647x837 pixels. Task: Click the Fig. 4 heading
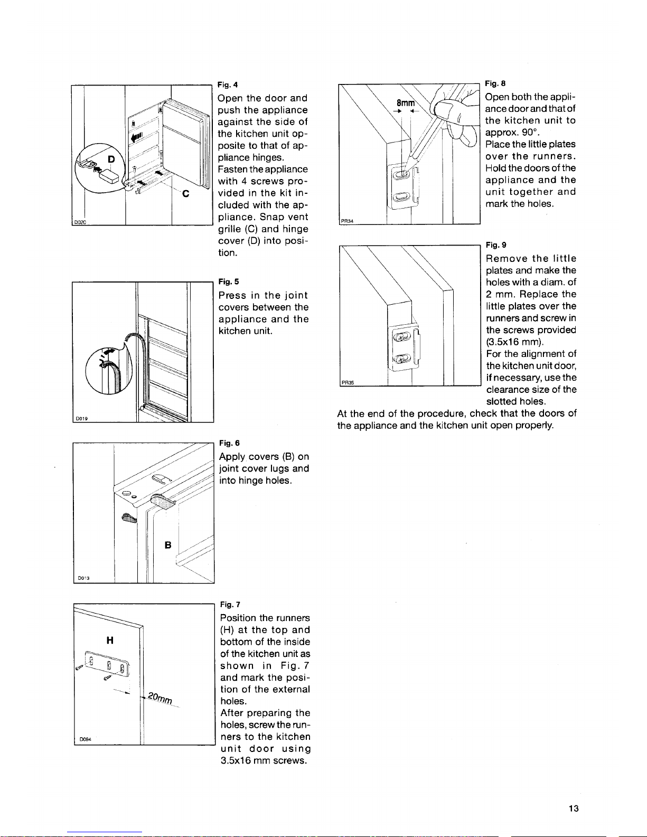(x=228, y=84)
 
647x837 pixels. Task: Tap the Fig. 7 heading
(x=230, y=604)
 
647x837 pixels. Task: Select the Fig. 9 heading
(x=496, y=245)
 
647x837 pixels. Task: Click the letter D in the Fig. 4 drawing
(x=111, y=159)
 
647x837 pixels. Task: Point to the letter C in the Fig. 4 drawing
(x=185, y=194)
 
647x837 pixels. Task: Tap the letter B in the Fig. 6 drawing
(x=168, y=545)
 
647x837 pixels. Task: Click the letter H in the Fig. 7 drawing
(x=110, y=640)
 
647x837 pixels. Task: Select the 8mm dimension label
(x=406, y=103)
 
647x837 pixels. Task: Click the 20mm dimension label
(x=160, y=698)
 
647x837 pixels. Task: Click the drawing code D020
(x=80, y=222)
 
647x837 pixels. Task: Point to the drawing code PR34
(x=347, y=221)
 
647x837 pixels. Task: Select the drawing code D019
(x=82, y=419)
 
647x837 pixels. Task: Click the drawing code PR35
(x=348, y=382)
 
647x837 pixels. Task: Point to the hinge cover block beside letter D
(x=109, y=177)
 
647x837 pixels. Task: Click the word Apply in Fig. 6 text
(x=232, y=457)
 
